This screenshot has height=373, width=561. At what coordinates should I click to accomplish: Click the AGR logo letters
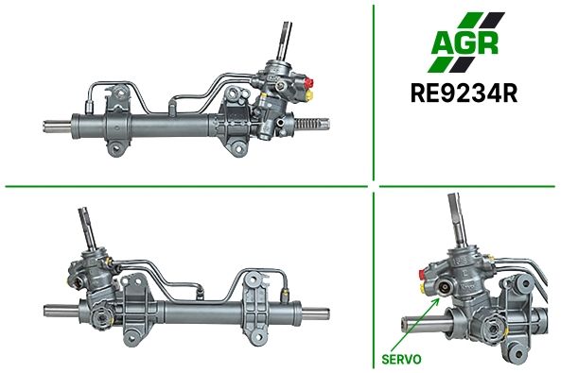[465, 43]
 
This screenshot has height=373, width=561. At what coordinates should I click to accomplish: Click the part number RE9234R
[465, 93]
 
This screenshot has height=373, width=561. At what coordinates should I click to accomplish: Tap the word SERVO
[401, 359]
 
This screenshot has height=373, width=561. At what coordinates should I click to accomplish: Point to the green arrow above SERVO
[415, 325]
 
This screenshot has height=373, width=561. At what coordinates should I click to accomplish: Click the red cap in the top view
[309, 83]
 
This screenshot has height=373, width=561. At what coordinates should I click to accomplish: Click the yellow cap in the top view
[309, 94]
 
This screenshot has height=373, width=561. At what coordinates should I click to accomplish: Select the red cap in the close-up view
[423, 275]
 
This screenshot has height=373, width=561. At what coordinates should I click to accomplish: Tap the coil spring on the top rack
[307, 124]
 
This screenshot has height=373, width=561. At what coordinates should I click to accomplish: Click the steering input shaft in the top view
[285, 42]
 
